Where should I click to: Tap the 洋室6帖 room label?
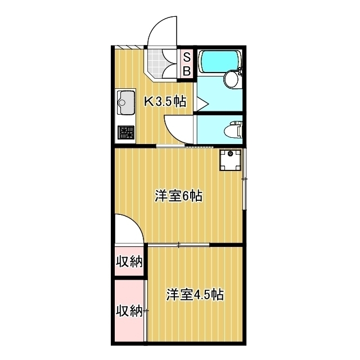[x=178, y=196]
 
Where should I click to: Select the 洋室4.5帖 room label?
[x=195, y=295]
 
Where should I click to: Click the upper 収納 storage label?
[x=129, y=262]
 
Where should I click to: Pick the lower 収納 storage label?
[x=129, y=310]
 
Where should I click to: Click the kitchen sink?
[x=125, y=103]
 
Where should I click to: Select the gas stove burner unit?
[x=125, y=133]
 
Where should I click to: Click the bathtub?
[x=220, y=61]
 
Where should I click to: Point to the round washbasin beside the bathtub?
[x=231, y=79]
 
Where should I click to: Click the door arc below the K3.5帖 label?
[x=177, y=128]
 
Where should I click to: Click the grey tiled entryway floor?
[x=163, y=63]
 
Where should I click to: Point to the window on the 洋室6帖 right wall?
[x=245, y=179]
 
